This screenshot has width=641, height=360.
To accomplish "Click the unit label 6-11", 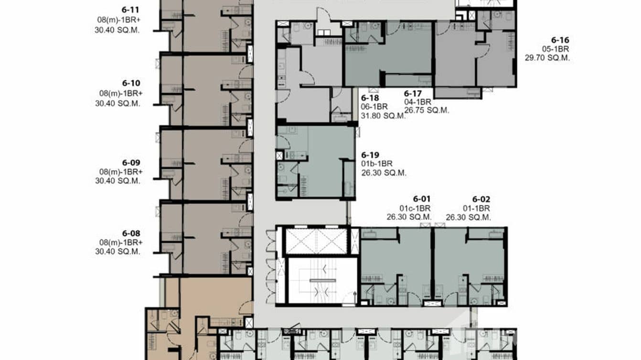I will [130, 9].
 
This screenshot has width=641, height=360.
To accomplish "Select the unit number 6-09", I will [130, 163].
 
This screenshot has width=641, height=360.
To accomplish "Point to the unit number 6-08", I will [130, 233].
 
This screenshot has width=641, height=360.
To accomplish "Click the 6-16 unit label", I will [560, 40].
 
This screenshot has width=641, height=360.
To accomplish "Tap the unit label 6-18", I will [371, 98].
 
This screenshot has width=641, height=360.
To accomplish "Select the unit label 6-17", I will [414, 94].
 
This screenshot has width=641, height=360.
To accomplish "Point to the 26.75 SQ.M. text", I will [427, 110].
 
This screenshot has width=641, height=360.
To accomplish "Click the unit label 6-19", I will [370, 155].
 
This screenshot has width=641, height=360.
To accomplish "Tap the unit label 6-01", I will [422, 199].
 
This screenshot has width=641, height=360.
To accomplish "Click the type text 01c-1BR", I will [415, 208].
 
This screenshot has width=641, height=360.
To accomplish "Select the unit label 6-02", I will [481, 199].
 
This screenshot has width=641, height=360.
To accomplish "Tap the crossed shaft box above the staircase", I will [316, 241].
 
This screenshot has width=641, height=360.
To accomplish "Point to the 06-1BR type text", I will [375, 107].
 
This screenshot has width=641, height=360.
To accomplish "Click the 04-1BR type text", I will [418, 102].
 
